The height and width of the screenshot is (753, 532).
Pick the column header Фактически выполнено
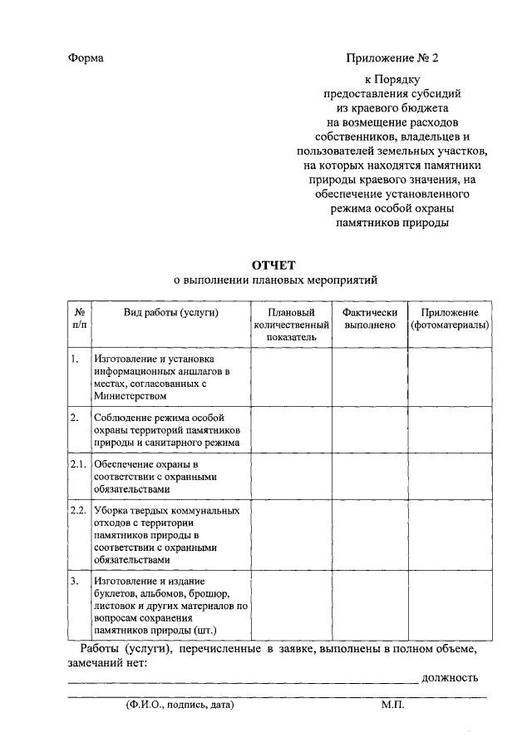point(370,319)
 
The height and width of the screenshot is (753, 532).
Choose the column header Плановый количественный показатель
point(292,325)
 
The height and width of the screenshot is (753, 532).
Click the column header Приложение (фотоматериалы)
point(450,319)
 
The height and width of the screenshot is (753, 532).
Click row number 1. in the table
point(75,359)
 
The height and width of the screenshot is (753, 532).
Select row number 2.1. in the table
point(79,463)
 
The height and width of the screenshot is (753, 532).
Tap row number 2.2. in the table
point(79,510)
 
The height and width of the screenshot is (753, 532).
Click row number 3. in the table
point(75,581)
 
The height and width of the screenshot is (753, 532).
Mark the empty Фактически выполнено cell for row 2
point(370,430)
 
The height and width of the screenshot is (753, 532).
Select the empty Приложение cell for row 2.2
point(450,534)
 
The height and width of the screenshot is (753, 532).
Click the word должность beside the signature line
point(450,677)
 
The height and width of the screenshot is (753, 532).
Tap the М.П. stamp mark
point(392,705)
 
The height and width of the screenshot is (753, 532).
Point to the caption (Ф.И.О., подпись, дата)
point(175,705)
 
